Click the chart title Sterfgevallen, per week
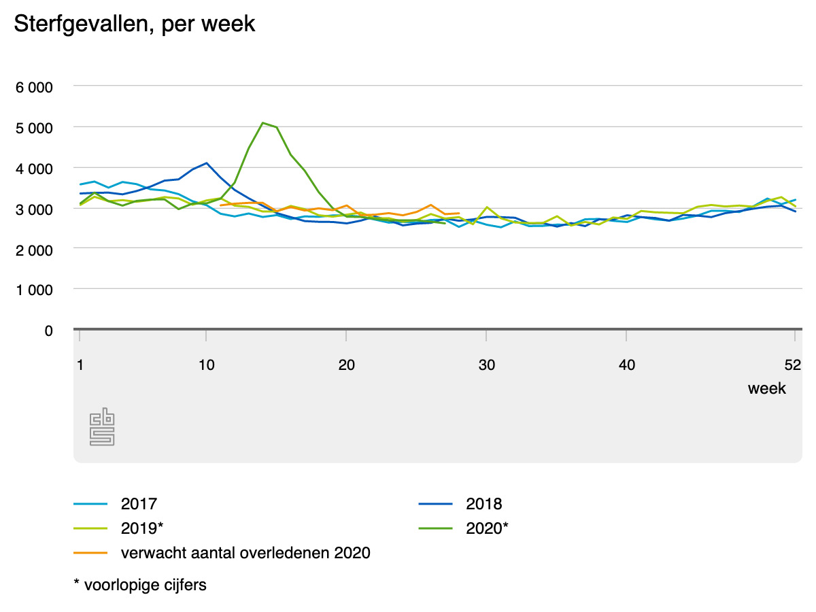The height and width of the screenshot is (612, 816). pyautogui.click(x=135, y=24)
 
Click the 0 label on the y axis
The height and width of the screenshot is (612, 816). pyautogui.click(x=48, y=330)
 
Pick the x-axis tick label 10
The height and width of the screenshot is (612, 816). pyautogui.click(x=207, y=365)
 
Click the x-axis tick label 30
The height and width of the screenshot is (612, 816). pyautogui.click(x=486, y=365)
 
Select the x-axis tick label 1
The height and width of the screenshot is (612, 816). pyautogui.click(x=80, y=365)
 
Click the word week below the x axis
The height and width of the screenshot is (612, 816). pyautogui.click(x=766, y=388)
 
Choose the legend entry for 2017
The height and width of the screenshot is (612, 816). pyautogui.click(x=139, y=504)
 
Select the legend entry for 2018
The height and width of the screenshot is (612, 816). pyautogui.click(x=483, y=504)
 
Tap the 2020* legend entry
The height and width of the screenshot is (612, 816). pyautogui.click(x=487, y=528)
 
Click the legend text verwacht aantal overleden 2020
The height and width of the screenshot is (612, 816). pyautogui.click(x=245, y=553)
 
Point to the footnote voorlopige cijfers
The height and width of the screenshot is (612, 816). pyautogui.click(x=139, y=585)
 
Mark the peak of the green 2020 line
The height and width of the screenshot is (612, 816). pyautogui.click(x=262, y=122)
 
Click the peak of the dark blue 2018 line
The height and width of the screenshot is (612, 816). pyautogui.click(x=206, y=163)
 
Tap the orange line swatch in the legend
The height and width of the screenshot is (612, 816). pyautogui.click(x=91, y=553)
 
